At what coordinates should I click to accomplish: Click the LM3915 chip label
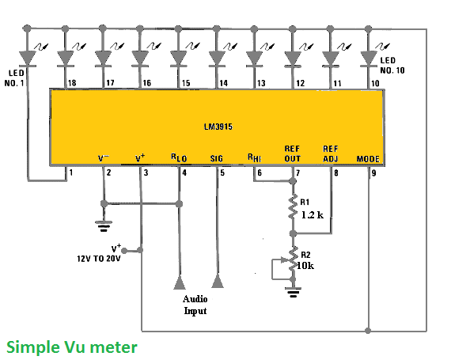[218, 127]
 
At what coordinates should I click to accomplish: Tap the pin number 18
[72, 83]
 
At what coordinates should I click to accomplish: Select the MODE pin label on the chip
[368, 159]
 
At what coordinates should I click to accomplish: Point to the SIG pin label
[217, 158]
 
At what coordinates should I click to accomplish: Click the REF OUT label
[292, 153]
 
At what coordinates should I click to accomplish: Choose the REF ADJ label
[330, 153]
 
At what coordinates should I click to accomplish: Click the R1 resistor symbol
[293, 207]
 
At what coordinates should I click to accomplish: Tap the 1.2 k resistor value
[313, 215]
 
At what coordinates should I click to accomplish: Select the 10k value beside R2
[305, 266]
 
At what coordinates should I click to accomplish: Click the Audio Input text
[195, 305]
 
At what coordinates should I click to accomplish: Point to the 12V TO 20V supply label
[99, 259]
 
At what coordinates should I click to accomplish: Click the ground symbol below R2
[293, 292]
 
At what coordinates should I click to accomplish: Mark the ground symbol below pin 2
[104, 226]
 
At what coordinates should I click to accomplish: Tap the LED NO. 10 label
[392, 66]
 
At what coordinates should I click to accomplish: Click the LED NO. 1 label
[14, 78]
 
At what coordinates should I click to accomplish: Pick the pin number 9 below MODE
[373, 173]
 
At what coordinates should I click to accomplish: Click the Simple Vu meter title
[72, 347]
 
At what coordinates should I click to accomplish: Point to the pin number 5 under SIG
[222, 173]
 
